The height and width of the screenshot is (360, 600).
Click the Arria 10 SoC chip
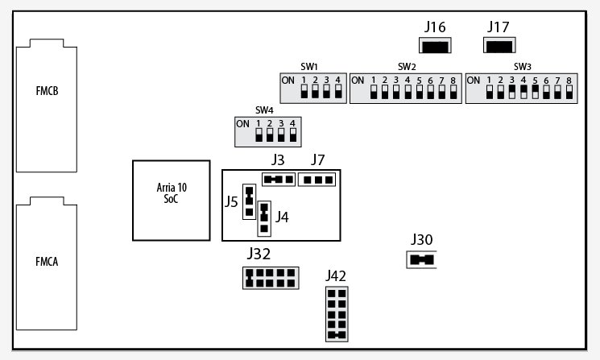point(172,200)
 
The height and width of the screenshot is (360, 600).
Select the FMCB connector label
point(46,90)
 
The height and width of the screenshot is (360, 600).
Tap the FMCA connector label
point(46,262)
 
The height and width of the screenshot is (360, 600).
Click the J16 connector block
point(435,46)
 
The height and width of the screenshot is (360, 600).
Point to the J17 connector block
point(499,46)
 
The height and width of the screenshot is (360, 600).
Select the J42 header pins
point(337,314)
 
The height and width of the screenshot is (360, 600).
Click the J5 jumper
point(250,198)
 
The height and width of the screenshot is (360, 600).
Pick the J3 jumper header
point(277,179)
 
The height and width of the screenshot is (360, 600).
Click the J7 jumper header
point(317,179)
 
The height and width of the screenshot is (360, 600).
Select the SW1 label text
point(310,66)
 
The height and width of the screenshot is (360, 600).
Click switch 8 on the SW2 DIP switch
point(453,90)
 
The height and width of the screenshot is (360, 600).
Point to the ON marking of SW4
point(242,124)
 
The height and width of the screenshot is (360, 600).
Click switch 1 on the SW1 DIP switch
point(304,90)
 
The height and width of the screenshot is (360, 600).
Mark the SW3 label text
point(522,66)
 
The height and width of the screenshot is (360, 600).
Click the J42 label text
point(336,276)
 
